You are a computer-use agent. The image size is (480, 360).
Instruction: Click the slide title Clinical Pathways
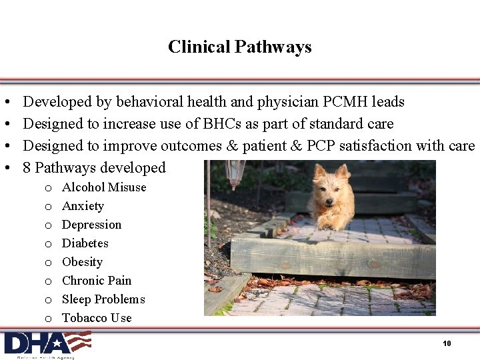[240, 47]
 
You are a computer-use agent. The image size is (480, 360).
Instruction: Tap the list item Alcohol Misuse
[104, 187]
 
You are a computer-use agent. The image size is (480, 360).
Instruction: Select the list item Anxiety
[83, 206]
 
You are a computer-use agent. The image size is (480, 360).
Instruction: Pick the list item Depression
[91, 225]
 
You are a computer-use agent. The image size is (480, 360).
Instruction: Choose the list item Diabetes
[85, 243]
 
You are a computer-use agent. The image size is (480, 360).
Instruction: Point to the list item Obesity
[82, 262]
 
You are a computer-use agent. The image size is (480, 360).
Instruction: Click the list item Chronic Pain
[97, 281]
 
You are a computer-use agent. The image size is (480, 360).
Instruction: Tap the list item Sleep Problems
[103, 299]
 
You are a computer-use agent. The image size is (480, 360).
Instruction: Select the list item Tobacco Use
[97, 318]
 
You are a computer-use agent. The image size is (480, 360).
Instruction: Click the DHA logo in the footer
[47, 343]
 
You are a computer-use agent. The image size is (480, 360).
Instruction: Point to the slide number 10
[447, 343]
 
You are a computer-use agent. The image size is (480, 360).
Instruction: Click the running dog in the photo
[332, 197]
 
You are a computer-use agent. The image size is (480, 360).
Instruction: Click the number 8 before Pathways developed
[27, 168]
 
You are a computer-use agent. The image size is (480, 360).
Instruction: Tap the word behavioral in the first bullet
[150, 102]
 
